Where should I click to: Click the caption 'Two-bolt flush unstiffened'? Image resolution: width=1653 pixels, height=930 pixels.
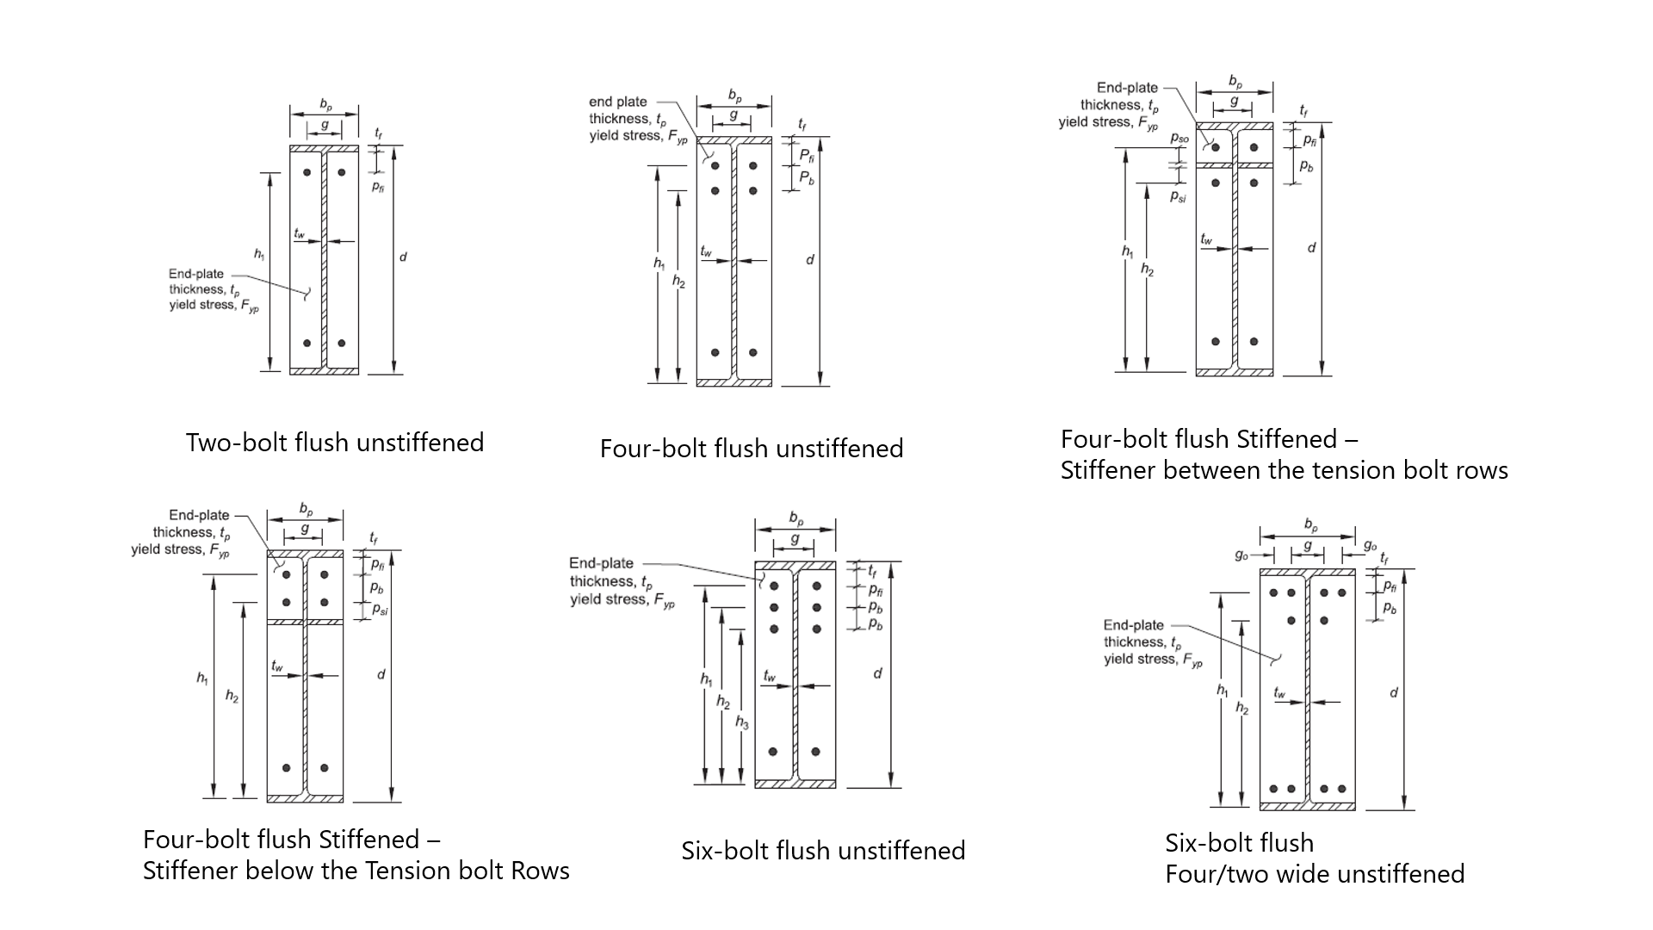click(x=334, y=443)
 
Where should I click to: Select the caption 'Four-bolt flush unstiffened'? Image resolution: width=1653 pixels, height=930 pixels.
click(x=751, y=449)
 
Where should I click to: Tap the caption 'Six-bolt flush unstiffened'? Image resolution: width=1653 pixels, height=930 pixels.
click(x=822, y=851)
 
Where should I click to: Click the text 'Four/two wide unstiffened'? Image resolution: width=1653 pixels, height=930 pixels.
click(x=1314, y=874)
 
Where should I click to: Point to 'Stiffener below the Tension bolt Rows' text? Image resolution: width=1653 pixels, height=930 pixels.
click(x=356, y=871)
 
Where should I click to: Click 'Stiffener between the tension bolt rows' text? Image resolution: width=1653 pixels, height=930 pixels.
click(x=1284, y=470)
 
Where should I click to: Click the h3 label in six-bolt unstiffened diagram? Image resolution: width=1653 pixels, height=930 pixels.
click(x=741, y=722)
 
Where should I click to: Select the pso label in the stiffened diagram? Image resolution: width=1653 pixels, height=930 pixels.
click(x=1179, y=138)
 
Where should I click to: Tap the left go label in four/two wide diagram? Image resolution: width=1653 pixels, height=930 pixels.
click(x=1241, y=555)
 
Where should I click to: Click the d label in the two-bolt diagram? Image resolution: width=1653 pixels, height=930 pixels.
click(x=402, y=257)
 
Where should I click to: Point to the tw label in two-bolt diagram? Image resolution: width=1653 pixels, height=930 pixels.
click(x=299, y=233)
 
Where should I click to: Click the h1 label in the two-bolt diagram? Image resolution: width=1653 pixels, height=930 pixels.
click(x=258, y=254)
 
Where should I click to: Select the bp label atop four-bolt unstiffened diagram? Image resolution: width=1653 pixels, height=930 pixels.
click(x=734, y=96)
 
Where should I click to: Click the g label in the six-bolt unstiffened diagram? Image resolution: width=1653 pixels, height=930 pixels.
click(x=794, y=539)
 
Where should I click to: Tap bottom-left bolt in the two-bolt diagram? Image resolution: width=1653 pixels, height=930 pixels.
click(x=306, y=343)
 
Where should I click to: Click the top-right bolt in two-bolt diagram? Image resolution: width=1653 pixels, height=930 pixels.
click(x=342, y=172)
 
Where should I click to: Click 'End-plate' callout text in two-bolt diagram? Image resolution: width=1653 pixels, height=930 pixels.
click(x=195, y=274)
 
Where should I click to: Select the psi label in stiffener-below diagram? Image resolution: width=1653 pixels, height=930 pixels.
click(x=380, y=610)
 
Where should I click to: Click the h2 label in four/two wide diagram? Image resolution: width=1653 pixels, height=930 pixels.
click(x=1241, y=708)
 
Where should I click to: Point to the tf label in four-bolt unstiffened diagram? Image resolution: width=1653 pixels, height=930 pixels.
click(x=802, y=125)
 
